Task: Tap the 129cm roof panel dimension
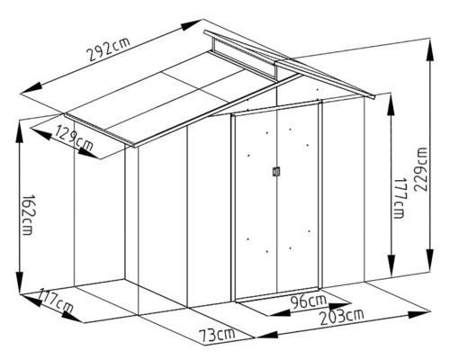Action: (x=74, y=139)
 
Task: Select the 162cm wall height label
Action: (x=29, y=215)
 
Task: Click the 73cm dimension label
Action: (x=217, y=335)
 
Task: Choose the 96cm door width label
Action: (x=309, y=301)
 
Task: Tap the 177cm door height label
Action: (x=399, y=198)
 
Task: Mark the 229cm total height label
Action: (x=420, y=169)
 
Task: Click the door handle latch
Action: (x=276, y=171)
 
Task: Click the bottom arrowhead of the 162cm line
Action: (x=19, y=283)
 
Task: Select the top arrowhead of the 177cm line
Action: (x=391, y=104)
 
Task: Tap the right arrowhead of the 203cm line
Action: (x=419, y=315)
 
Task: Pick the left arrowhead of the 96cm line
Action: (x=279, y=313)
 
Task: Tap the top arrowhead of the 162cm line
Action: (x=19, y=131)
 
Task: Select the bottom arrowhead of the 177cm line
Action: (x=391, y=265)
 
